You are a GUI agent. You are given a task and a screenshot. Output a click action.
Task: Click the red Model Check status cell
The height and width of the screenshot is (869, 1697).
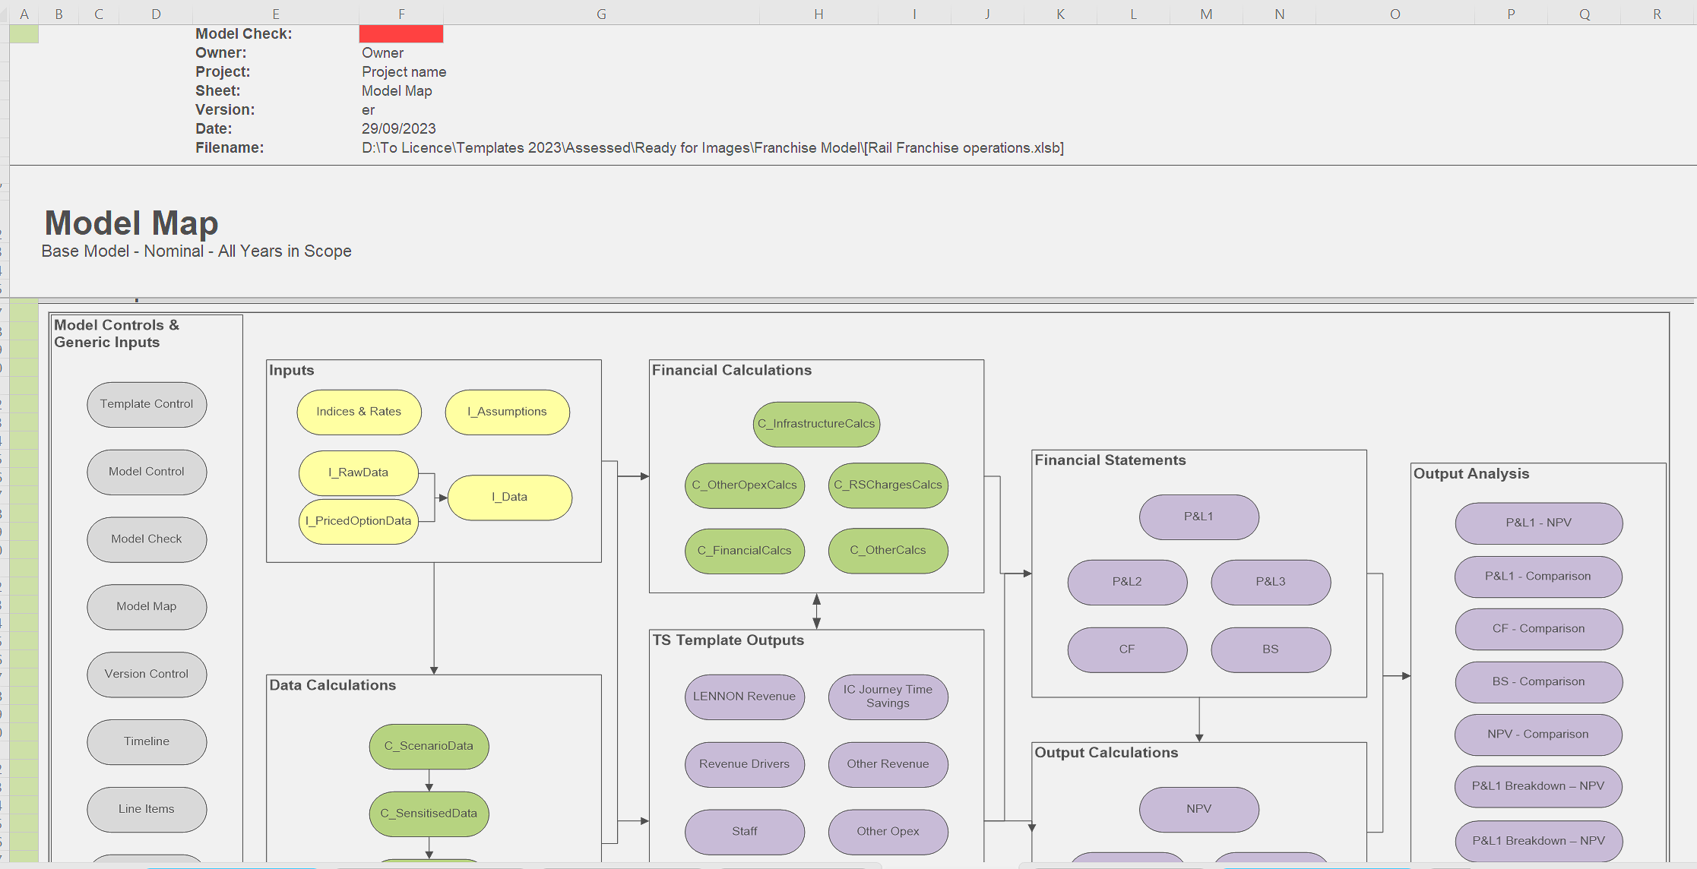click(401, 33)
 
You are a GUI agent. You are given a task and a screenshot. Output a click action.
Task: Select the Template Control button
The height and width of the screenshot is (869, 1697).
click(147, 404)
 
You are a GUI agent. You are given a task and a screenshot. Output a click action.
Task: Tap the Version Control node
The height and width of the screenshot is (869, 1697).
click(147, 674)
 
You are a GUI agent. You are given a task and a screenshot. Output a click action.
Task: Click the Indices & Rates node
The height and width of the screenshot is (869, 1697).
click(359, 412)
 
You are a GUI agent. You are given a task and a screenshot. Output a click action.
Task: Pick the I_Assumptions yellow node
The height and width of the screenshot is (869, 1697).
click(507, 412)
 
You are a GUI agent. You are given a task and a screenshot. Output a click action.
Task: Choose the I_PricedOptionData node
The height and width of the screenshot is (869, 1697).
click(359, 521)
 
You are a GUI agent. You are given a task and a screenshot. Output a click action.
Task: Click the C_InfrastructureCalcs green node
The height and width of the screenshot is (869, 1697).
click(816, 424)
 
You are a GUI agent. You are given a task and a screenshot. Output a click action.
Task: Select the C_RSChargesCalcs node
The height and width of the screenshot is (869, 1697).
click(888, 485)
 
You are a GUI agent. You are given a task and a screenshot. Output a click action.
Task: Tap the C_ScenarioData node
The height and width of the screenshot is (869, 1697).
click(429, 746)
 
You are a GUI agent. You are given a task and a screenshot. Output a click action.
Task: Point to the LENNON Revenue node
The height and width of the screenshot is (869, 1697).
click(744, 697)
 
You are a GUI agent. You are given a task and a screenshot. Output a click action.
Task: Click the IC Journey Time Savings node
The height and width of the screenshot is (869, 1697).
click(888, 697)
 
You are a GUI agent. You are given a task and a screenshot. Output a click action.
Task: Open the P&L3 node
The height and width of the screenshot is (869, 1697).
click(1271, 582)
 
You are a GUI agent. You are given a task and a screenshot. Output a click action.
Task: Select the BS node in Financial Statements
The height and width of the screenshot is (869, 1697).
click(1271, 649)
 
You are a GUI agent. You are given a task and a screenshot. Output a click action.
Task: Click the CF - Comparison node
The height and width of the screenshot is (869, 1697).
click(1539, 629)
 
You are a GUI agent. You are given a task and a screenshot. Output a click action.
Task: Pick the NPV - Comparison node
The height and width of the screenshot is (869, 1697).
click(1539, 735)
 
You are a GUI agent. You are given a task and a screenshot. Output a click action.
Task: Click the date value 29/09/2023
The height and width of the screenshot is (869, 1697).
click(399, 128)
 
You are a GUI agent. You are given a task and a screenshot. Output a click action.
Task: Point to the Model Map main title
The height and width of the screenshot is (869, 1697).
click(131, 223)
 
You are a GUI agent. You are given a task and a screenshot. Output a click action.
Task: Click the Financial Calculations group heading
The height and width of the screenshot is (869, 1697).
click(732, 370)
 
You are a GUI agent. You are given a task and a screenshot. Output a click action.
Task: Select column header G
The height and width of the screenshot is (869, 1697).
click(601, 14)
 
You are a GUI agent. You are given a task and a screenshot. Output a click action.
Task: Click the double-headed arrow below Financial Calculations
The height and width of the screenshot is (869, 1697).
click(816, 611)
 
